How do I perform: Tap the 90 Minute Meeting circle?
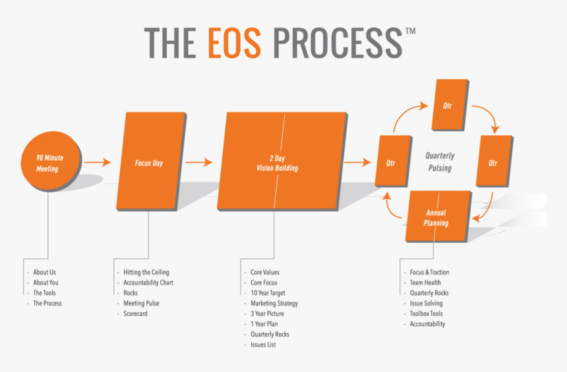pyautogui.click(x=47, y=163)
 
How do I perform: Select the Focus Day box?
pyautogui.click(x=149, y=162)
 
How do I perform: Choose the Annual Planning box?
pyautogui.click(x=436, y=218)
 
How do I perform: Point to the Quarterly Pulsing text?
pyautogui.click(x=440, y=162)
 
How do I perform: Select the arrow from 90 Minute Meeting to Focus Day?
pyautogui.click(x=98, y=162)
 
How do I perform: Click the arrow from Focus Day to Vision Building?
pyautogui.click(x=198, y=162)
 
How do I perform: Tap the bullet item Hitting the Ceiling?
pyautogui.click(x=146, y=272)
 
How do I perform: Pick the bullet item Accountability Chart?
pyautogui.click(x=148, y=283)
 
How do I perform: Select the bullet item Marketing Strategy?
pyautogui.click(x=274, y=303)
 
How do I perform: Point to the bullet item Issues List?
pyautogui.click(x=262, y=345)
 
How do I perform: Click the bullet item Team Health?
pyautogui.click(x=425, y=283)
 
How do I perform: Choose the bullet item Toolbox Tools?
pyautogui.click(x=427, y=314)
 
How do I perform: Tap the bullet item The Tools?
pyautogui.click(x=45, y=293)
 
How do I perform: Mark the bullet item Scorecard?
pyautogui.click(x=136, y=314)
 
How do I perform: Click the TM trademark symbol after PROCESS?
pyautogui.click(x=410, y=31)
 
